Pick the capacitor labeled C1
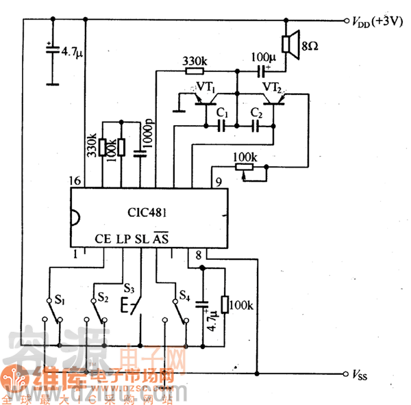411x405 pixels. point(221,125)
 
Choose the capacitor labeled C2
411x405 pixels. point(256,125)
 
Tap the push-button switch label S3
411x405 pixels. point(129,287)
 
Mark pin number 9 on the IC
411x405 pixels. point(218,181)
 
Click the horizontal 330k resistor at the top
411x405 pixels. point(195,70)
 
